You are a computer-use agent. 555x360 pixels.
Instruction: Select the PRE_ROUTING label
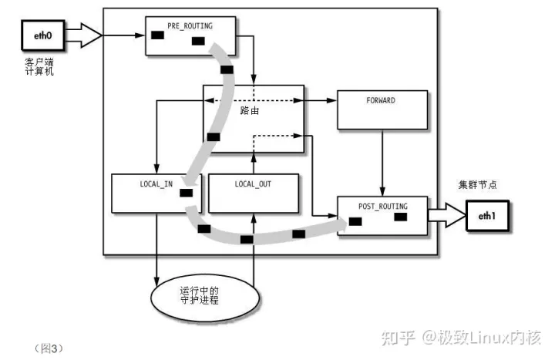[189, 25]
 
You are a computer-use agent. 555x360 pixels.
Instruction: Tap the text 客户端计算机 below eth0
[39, 66]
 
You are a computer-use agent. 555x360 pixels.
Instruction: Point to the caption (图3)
[49, 346]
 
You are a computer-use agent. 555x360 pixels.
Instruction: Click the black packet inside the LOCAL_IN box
[186, 193]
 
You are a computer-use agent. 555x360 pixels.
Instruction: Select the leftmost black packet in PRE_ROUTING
[157, 35]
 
